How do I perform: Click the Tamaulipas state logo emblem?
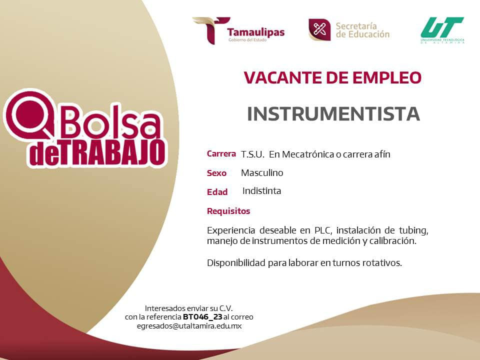tap(211, 30)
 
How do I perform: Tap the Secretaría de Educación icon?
tap(319, 29)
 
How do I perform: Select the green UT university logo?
tap(442, 30)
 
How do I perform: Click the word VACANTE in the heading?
tap(281, 77)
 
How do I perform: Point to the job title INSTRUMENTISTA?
tap(333, 114)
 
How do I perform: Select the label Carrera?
tap(221, 153)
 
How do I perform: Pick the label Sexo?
tap(216, 173)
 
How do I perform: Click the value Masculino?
tap(262, 172)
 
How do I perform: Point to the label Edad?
tap(217, 192)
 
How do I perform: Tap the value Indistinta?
tap(261, 190)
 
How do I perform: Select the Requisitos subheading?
tap(228, 211)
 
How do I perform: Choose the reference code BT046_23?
tap(202, 317)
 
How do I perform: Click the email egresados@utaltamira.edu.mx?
tap(189, 326)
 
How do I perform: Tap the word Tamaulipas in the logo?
tap(256, 32)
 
